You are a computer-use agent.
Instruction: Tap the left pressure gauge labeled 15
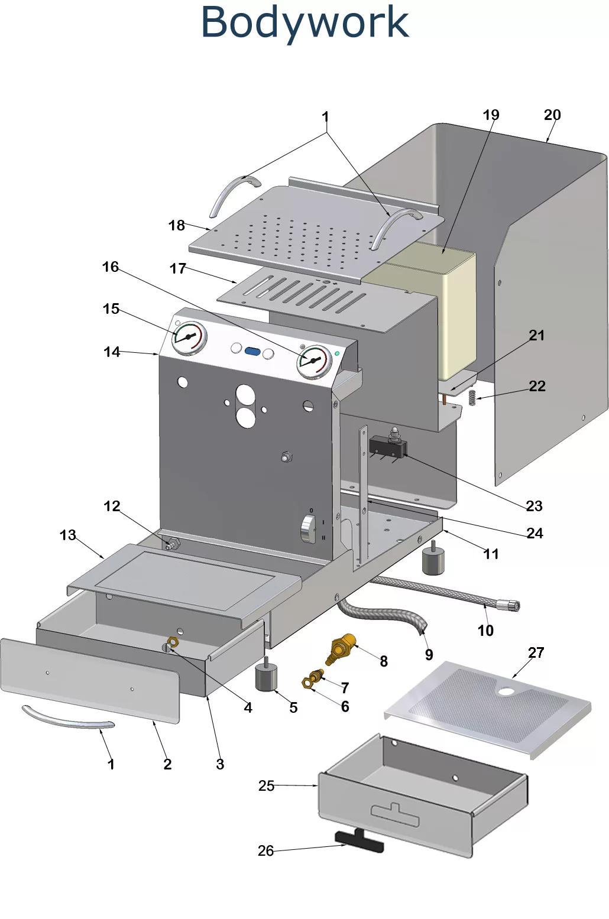click(x=189, y=338)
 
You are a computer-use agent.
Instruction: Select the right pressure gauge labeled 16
click(x=314, y=361)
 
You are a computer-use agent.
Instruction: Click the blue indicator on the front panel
click(x=252, y=351)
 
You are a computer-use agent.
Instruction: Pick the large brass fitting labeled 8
click(x=342, y=648)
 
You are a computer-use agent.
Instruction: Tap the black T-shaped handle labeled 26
click(x=359, y=842)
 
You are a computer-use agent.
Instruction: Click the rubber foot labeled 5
click(x=266, y=677)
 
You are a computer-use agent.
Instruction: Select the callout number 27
click(x=536, y=652)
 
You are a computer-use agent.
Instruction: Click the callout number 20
click(x=552, y=115)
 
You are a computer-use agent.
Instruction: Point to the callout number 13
click(x=67, y=535)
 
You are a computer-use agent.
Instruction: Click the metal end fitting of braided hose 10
click(x=508, y=605)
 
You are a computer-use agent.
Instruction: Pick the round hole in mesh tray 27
click(x=506, y=690)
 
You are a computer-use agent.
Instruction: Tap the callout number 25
click(x=266, y=785)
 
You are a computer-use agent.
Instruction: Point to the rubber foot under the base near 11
click(x=433, y=561)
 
